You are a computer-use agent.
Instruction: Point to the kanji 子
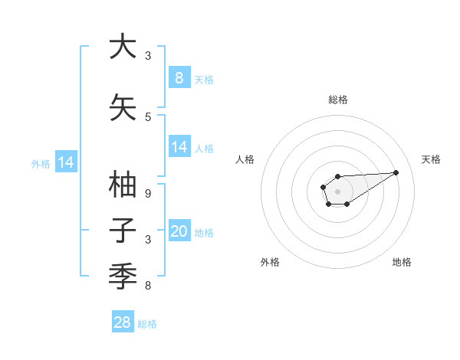[123, 231]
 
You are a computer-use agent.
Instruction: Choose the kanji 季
[123, 273]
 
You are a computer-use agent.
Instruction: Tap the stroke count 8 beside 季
[148, 286]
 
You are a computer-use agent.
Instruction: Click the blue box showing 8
[179, 77]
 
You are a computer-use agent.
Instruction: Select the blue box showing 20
[179, 231]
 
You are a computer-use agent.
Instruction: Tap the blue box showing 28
[123, 322]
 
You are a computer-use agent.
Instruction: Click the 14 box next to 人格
[179, 147]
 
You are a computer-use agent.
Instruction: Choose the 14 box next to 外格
[65, 162]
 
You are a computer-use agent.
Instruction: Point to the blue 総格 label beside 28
[147, 324]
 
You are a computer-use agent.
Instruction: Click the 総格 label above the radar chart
[337, 100]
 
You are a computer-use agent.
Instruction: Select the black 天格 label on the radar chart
[431, 159]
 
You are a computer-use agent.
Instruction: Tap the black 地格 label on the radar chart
[402, 262]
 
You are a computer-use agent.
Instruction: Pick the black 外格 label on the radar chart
[270, 262]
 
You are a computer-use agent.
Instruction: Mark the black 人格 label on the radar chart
[245, 159]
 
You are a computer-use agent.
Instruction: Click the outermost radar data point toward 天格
[396, 172]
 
